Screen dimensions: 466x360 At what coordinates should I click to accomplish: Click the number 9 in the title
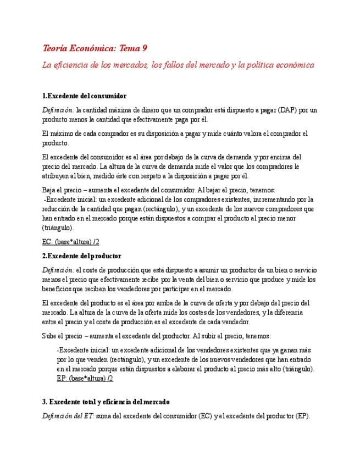click(x=144, y=48)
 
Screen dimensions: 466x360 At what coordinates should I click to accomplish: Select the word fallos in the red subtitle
click(x=163, y=65)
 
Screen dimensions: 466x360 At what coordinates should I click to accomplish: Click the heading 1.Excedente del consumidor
click(x=84, y=96)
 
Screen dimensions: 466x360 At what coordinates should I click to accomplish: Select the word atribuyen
click(x=57, y=176)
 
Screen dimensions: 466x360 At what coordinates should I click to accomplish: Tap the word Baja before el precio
click(x=50, y=190)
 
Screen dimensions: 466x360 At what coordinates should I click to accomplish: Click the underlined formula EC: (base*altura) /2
click(x=70, y=242)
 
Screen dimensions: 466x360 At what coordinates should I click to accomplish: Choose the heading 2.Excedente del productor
click(x=82, y=256)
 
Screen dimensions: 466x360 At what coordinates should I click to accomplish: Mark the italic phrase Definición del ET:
click(x=68, y=416)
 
